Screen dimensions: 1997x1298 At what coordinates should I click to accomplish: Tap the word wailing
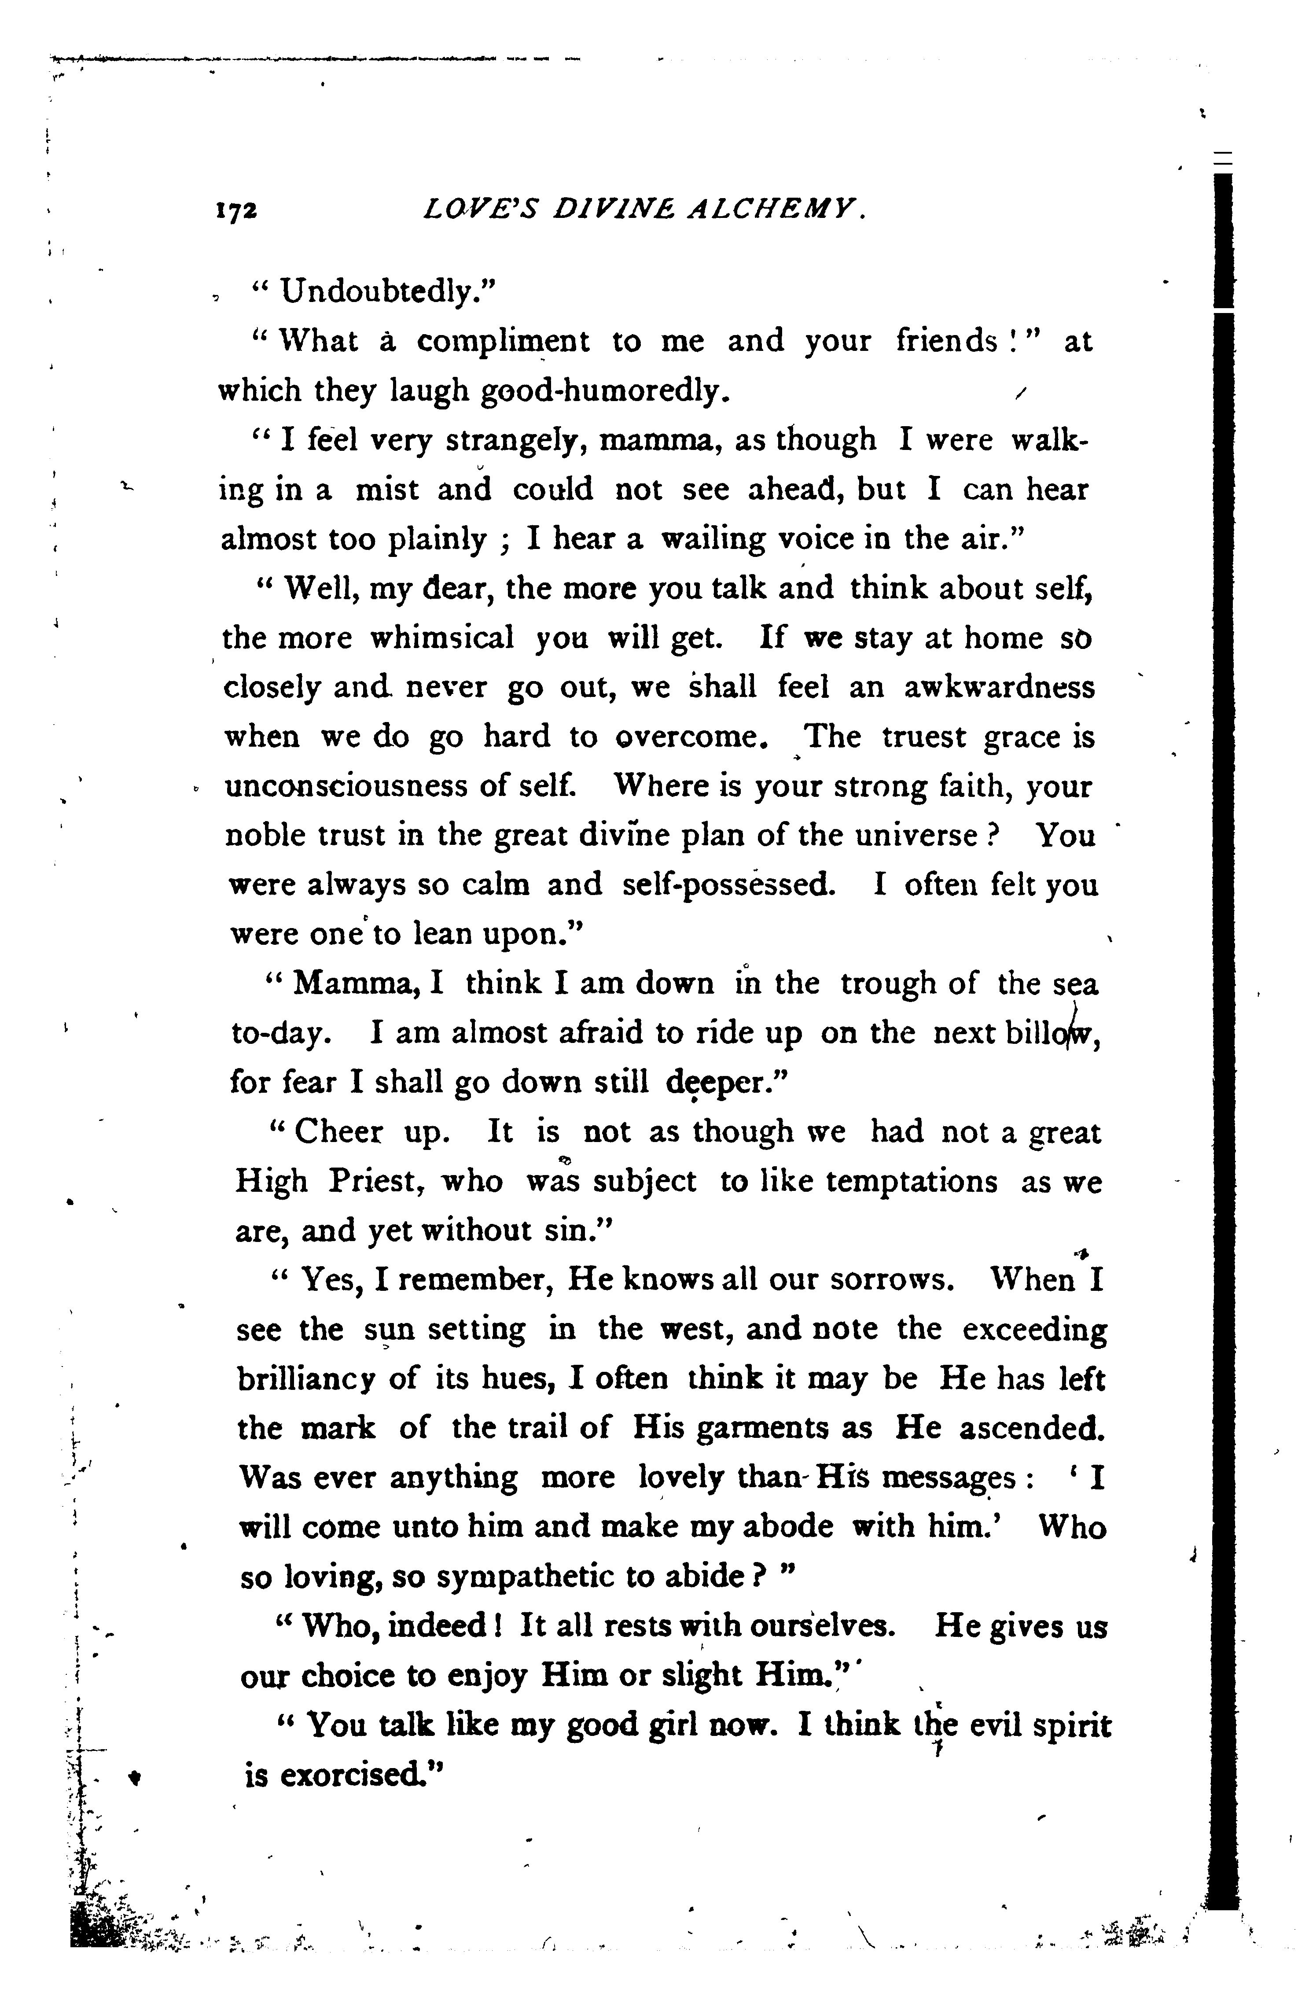point(712,539)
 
